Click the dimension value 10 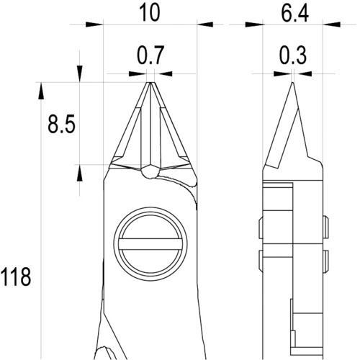click(x=150, y=13)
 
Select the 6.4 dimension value click(x=294, y=13)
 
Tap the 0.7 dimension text click(x=150, y=55)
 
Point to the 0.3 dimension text click(x=293, y=55)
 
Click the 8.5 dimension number click(x=62, y=124)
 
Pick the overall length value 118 click(x=16, y=276)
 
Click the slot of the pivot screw click(x=150, y=244)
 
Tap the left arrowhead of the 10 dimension click(x=94, y=24)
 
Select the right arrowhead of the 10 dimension click(x=204, y=24)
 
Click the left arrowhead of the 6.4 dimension click(x=254, y=24)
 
